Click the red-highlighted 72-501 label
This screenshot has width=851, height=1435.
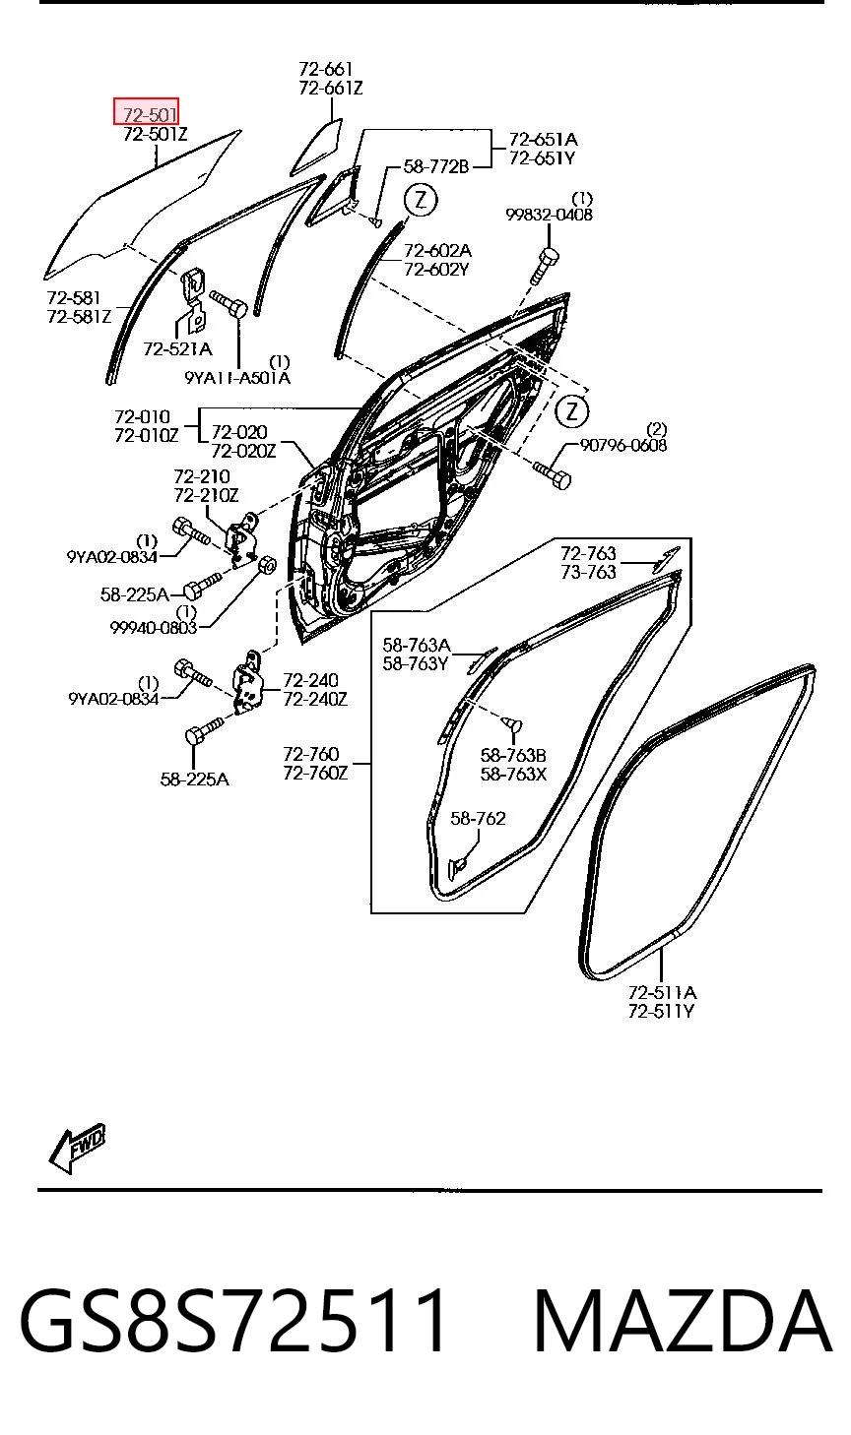pos(146,112)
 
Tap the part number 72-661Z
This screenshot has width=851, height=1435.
pos(330,88)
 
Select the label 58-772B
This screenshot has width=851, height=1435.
pos(436,166)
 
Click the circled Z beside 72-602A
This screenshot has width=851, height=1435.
pos(420,200)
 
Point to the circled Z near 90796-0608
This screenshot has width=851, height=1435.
pos(571,410)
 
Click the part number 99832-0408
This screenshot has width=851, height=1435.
pos(549,215)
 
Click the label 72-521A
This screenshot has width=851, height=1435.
pos(177,348)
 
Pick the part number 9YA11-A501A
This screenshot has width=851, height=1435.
pos(237,378)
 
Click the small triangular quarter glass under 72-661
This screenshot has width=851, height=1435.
pos(317,147)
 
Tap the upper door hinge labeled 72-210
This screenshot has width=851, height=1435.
pos(241,538)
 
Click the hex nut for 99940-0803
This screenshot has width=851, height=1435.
pos(268,566)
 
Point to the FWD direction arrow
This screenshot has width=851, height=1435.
pos(77,1148)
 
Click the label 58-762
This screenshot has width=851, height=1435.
pos(478,818)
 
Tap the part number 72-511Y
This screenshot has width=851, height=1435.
pos(661,1012)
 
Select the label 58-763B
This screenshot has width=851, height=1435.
pos(513,755)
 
